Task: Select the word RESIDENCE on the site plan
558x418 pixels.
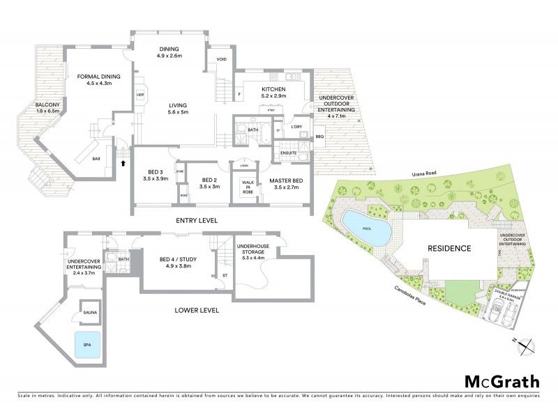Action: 448,248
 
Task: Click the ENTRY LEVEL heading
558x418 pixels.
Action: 197,220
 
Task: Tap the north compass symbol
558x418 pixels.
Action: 528,342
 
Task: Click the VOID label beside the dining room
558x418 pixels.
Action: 221,59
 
